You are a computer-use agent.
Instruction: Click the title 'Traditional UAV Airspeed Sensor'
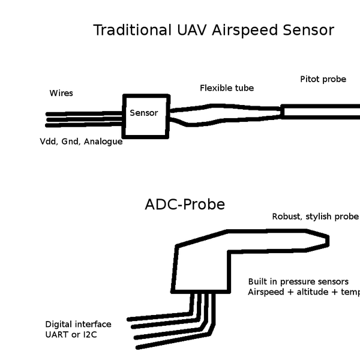(214, 30)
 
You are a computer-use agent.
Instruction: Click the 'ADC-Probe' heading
(185, 205)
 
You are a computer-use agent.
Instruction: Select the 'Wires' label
(61, 94)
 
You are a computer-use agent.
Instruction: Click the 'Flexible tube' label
(227, 88)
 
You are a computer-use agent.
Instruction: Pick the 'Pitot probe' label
(323, 79)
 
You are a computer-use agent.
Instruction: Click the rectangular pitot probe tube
(321, 112)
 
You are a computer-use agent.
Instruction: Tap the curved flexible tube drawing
(225, 114)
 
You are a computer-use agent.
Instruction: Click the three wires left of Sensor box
(84, 119)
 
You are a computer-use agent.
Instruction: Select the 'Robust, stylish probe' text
(315, 217)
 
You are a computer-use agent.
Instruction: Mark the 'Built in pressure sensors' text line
(298, 281)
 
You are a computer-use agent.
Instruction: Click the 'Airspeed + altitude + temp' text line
(303, 292)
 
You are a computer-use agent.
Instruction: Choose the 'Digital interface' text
(78, 324)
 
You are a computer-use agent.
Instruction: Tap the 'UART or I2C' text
(71, 334)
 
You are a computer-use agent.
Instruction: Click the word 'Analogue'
(103, 142)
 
